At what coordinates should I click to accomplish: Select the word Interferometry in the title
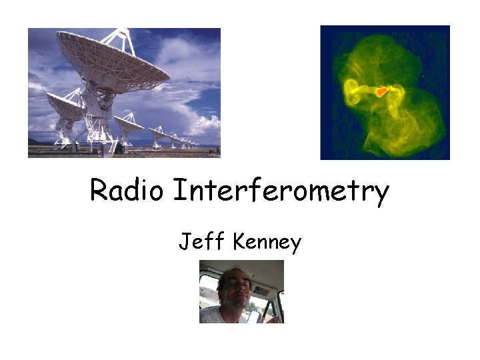280,192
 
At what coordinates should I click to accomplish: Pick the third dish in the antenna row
128,123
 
